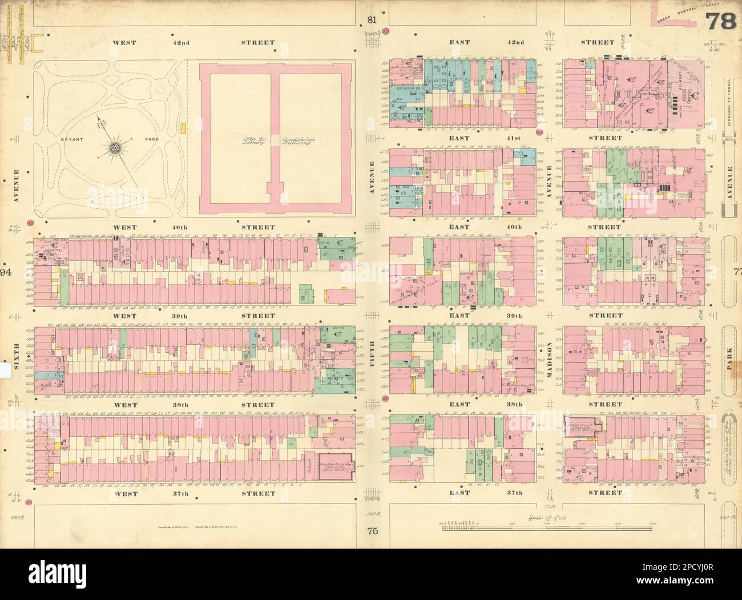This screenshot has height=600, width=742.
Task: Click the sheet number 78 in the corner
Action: pyautogui.click(x=721, y=23)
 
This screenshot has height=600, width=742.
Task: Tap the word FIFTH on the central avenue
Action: pyautogui.click(x=372, y=353)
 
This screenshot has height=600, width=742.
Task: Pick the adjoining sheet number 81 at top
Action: pyautogui.click(x=372, y=21)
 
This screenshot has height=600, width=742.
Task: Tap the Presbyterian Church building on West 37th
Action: pyautogui.click(x=333, y=470)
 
